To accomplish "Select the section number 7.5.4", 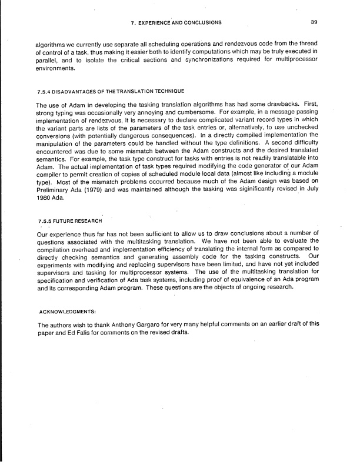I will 46,91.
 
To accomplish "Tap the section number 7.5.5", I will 46,220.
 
